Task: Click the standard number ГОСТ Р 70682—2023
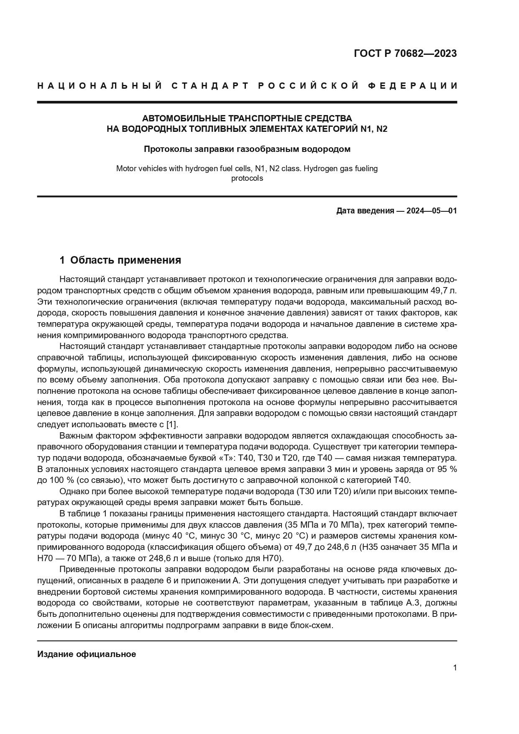[x=405, y=54]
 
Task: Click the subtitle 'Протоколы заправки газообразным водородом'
[x=247, y=149]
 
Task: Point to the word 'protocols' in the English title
[x=247, y=178]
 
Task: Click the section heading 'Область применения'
[x=125, y=260]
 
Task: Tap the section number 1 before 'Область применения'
[x=62, y=260]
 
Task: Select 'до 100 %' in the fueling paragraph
[x=54, y=480]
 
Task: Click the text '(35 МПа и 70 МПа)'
[x=319, y=525]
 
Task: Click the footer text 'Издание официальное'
[x=87, y=654]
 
